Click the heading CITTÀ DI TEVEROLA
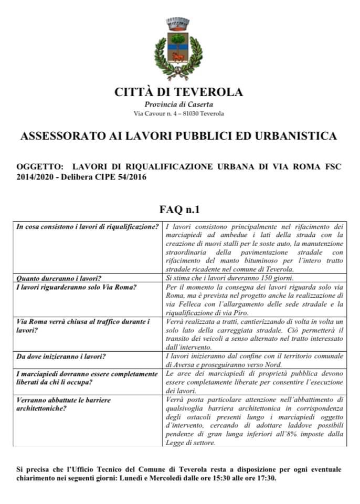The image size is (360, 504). click(x=179, y=92)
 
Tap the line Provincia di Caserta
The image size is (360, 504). click(x=179, y=104)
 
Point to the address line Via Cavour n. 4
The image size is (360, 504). click(x=179, y=113)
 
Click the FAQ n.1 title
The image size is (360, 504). click(x=179, y=210)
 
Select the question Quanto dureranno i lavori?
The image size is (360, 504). click(x=59, y=278)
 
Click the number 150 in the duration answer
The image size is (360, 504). click(x=259, y=278)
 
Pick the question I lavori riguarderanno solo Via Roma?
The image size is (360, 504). click(x=77, y=287)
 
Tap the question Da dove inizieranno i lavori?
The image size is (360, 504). click(x=61, y=356)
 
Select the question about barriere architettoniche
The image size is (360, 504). click(x=64, y=404)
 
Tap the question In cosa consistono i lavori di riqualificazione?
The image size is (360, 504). click(x=88, y=227)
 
